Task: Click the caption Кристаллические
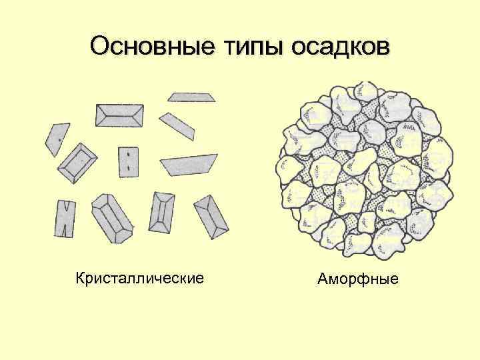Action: (x=139, y=276)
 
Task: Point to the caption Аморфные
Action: (x=357, y=277)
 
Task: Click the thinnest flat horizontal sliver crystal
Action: (x=192, y=97)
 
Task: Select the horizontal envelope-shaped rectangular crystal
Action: (x=119, y=115)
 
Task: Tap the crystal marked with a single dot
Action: (x=57, y=139)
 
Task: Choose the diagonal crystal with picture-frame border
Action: (x=78, y=163)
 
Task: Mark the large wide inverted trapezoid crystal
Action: (x=189, y=164)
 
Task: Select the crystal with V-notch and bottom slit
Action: (x=64, y=218)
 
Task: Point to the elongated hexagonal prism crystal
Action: (x=111, y=217)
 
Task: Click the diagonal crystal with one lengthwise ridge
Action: (x=211, y=216)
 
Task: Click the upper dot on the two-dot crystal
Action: (x=128, y=155)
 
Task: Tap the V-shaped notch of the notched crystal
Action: (x=64, y=205)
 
